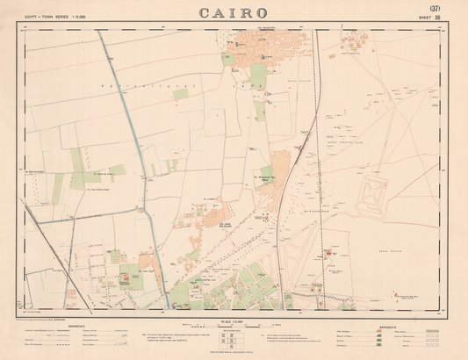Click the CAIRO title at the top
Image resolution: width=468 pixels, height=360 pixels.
(x=234, y=13)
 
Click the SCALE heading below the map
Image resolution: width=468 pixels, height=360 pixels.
(x=234, y=316)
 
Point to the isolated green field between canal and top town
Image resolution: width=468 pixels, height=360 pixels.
(x=181, y=94)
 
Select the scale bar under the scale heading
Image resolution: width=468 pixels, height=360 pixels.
(x=234, y=324)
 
